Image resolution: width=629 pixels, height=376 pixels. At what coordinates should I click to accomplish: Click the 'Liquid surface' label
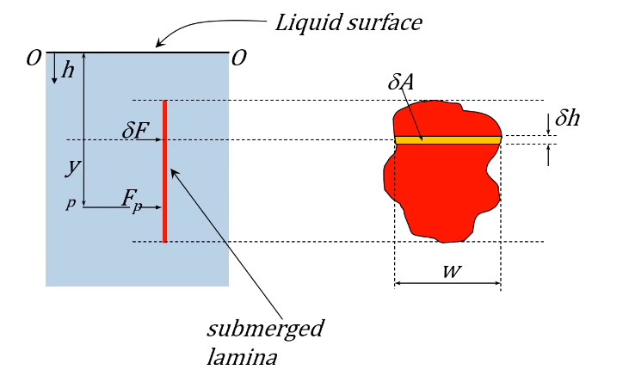pos(348,22)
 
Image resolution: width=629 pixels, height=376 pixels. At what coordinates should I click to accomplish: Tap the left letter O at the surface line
pos(34,59)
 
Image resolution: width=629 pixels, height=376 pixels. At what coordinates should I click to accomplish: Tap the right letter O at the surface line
pos(239,59)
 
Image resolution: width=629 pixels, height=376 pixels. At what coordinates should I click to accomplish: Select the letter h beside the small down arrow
pos(68,71)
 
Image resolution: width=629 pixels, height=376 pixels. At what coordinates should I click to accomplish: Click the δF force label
pos(137,131)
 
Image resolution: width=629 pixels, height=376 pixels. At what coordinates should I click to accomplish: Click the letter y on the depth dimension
pos(72,168)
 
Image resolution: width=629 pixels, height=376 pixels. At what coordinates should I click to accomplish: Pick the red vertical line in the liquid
pos(163,172)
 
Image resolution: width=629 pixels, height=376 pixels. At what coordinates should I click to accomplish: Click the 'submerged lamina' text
pos(253,342)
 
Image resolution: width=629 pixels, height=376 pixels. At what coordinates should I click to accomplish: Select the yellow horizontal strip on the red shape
pos(447,139)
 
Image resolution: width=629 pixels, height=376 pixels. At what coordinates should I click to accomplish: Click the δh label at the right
pos(567,119)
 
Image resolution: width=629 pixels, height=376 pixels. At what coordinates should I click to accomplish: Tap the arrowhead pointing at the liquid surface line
pos(157,43)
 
